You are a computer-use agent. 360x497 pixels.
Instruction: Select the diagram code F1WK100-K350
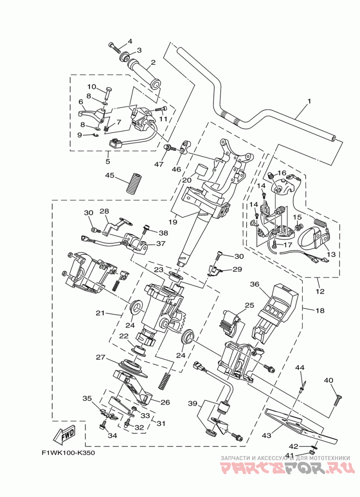point(68,453)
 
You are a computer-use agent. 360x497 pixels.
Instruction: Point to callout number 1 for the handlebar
point(309,101)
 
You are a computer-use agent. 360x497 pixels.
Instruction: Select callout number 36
point(255,284)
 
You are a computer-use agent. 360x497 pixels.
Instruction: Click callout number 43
point(266,435)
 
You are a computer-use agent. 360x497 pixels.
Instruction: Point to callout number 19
point(173,222)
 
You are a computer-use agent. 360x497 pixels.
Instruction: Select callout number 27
point(100,357)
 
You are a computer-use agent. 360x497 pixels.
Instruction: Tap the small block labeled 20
point(202,171)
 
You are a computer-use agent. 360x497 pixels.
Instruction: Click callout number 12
point(320,291)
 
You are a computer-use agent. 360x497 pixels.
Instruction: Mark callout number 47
point(159,164)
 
